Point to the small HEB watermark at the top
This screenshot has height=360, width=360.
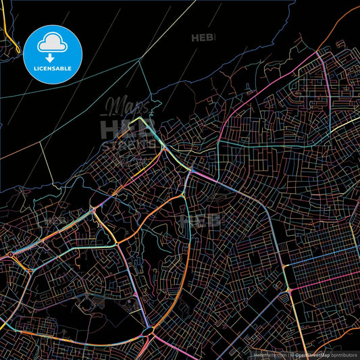(202, 37)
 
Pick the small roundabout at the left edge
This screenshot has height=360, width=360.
(9, 257)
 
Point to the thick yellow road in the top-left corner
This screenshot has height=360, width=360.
(5, 27)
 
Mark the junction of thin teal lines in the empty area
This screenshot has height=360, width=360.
(140, 60)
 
